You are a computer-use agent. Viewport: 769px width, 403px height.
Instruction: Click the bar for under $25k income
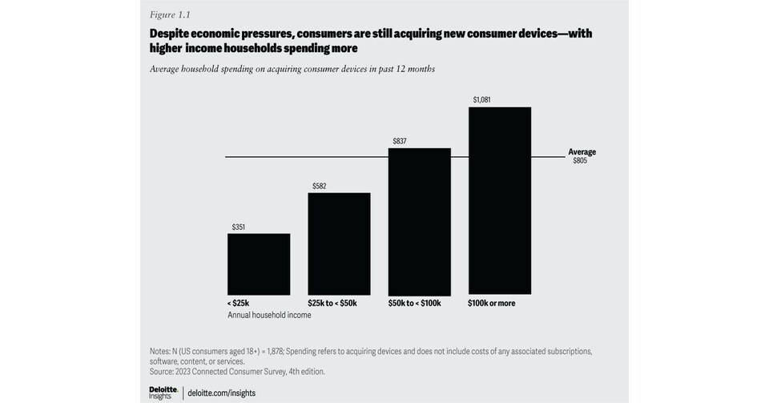259,264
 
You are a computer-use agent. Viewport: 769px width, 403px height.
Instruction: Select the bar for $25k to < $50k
339,244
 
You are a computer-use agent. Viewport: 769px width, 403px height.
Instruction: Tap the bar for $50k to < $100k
419,221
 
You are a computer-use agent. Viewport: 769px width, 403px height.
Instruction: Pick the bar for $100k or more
499,200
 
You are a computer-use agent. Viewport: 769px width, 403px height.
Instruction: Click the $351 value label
239,228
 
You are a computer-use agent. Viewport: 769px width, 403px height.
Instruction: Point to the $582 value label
319,187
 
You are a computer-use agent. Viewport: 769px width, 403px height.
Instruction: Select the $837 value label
399,142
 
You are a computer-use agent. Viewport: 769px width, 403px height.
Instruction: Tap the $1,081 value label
481,100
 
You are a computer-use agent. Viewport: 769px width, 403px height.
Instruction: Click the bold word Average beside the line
582,151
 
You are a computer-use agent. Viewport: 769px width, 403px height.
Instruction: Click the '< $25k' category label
239,304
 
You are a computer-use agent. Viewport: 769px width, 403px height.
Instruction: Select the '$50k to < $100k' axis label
415,304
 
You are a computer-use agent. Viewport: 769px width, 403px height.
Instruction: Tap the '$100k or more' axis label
492,304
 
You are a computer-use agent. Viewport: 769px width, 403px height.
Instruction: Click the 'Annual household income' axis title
269,315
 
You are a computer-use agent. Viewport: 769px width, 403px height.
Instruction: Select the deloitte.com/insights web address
222,393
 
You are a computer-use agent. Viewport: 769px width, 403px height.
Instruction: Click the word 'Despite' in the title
171,34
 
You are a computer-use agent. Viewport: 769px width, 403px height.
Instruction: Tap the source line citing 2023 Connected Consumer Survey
236,371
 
